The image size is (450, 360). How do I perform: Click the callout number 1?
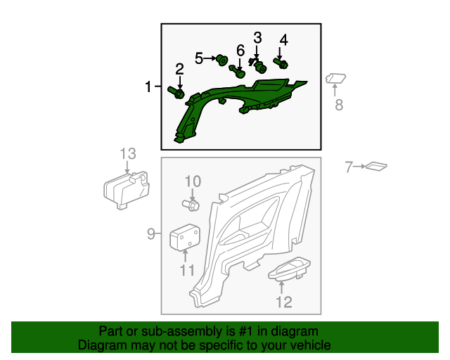[148, 86]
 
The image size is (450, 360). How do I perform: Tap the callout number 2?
[179, 69]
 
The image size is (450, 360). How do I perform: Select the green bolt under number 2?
[176, 92]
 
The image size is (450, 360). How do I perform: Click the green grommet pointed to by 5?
[222, 60]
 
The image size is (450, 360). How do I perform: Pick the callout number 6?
[240, 51]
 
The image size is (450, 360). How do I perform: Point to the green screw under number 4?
[281, 63]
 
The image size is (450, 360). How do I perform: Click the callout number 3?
[257, 37]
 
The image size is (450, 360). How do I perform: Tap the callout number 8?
[339, 105]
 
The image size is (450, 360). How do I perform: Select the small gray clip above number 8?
[335, 78]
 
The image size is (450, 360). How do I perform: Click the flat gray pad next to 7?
[376, 167]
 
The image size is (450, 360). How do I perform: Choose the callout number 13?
[128, 154]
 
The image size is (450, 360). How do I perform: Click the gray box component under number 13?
[127, 190]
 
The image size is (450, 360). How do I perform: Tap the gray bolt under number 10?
[191, 205]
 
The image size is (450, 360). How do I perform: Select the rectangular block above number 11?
[185, 237]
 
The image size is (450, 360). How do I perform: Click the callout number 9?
[151, 234]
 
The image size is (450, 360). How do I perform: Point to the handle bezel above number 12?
[289, 269]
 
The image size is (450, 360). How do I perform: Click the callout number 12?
[284, 302]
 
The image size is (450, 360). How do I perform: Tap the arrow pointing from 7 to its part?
[359, 166]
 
